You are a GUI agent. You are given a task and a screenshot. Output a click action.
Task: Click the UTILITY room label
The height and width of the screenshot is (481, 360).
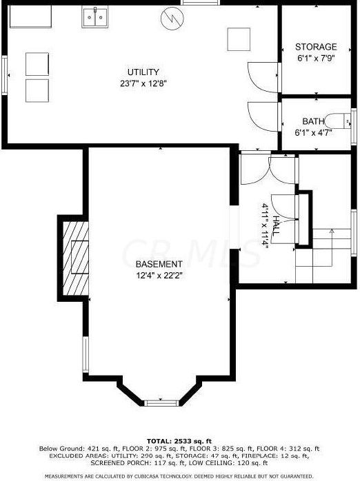point(143,72)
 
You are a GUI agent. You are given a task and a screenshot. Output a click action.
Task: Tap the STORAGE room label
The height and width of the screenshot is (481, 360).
point(316,47)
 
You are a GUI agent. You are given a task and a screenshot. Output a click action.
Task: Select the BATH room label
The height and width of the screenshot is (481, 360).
point(313,122)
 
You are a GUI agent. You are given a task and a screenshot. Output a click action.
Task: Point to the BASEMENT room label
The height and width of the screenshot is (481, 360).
point(159,265)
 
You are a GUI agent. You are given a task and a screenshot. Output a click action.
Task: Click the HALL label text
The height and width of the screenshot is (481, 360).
point(276,227)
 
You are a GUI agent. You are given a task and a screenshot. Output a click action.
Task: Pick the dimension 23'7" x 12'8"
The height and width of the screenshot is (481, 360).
point(143,83)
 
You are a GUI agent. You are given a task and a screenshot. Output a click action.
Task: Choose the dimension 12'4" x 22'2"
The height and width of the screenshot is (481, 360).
point(159,276)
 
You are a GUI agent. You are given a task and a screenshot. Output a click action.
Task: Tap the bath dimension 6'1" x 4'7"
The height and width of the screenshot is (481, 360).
point(313,132)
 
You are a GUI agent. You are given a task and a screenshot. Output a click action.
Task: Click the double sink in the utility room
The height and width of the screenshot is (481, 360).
point(95,17)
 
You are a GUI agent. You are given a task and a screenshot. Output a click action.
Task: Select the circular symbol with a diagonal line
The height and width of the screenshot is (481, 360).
point(170,19)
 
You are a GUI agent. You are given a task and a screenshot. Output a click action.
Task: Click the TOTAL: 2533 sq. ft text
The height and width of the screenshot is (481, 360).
point(179,440)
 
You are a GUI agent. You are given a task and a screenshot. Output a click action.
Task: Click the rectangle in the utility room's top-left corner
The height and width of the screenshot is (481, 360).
point(31,17)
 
